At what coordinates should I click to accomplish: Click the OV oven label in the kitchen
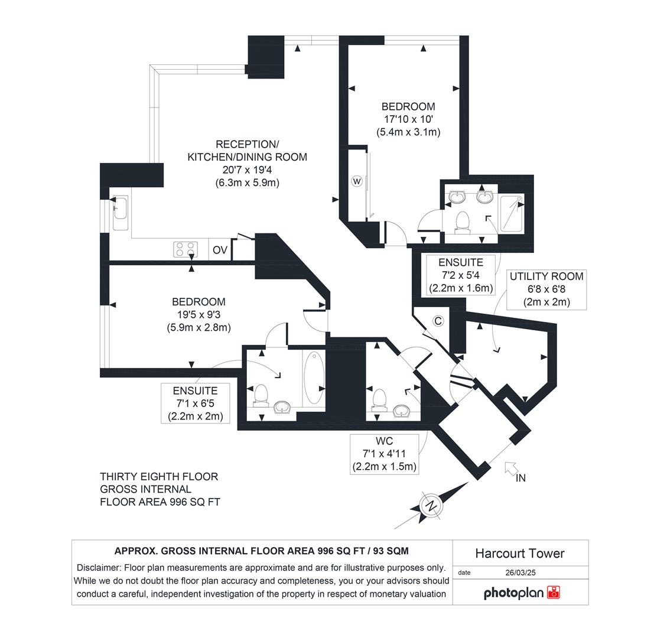220,250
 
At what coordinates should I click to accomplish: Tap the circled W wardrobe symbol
357,181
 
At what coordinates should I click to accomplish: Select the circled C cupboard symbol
438,321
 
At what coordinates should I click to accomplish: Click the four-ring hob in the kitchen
184,250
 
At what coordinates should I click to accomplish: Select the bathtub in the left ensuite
314,379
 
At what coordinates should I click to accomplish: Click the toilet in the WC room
380,399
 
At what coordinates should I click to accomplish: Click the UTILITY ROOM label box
546,289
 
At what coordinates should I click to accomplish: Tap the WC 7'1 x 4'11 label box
384,454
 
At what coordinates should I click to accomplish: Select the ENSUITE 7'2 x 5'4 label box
461,275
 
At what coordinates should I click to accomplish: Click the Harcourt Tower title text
520,554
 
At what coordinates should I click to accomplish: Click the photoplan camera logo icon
554,593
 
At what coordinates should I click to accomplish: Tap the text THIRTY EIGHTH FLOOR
159,477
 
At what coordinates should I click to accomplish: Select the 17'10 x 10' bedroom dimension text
408,119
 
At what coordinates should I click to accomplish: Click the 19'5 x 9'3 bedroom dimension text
198,314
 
